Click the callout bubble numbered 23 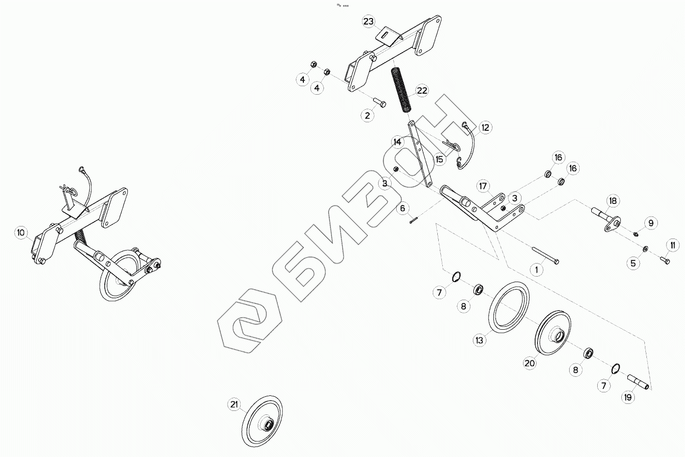click(x=369, y=22)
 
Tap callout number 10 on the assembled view click(x=21, y=232)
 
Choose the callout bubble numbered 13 click(x=480, y=340)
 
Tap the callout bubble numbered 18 click(x=612, y=200)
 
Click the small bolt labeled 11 click(x=664, y=260)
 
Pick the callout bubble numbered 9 click(x=650, y=223)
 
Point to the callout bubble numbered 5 click(x=635, y=263)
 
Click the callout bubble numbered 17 click(x=482, y=186)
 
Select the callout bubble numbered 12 click(x=485, y=128)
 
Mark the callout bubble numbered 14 click(x=398, y=142)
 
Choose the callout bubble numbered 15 click(x=440, y=159)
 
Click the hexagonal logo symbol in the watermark click(x=248, y=320)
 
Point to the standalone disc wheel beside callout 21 click(x=262, y=422)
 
